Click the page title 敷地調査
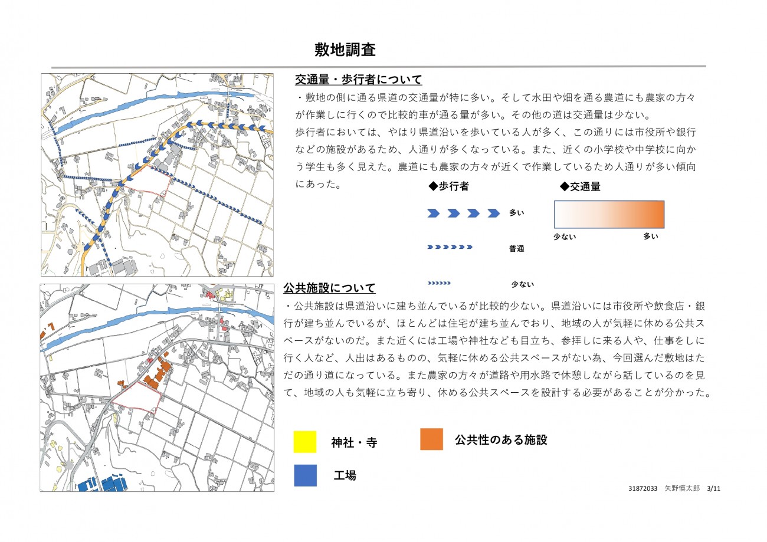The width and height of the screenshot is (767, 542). pos(345,50)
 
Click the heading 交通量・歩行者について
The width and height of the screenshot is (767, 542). pos(359,80)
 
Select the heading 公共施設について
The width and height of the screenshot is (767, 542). pos(329,288)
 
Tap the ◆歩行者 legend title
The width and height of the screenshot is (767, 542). pos(448,186)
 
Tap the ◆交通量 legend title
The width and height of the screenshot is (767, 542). pos(580,186)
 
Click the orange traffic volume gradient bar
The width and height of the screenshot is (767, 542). pos(609,214)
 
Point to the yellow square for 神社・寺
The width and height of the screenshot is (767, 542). pos(305,442)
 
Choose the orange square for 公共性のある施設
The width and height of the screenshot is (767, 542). pos(431,439)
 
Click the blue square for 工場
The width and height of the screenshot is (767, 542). pos(305,475)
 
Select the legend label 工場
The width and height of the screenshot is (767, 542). pos(345,475)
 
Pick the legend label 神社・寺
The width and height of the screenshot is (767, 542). pos(354,443)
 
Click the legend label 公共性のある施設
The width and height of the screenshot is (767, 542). pos(501,439)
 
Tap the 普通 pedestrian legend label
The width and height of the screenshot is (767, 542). pos(516,249)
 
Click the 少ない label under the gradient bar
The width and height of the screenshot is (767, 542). pos(565,236)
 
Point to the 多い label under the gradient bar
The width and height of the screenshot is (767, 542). pos(650,236)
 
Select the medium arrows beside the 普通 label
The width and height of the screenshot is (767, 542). pos(450,247)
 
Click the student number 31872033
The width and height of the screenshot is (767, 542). pos(643,489)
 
